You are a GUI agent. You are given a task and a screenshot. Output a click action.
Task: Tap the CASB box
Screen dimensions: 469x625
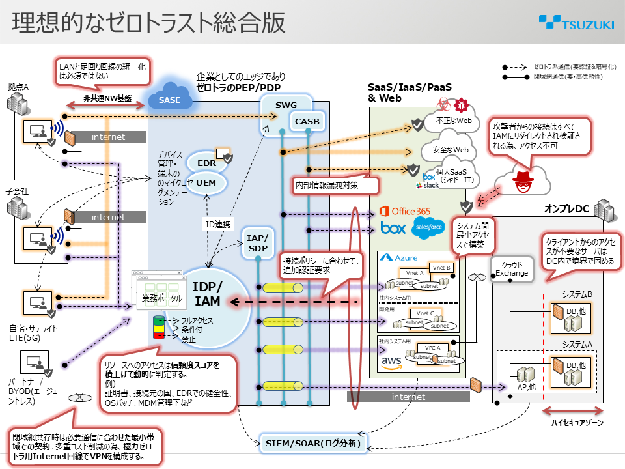(307, 121)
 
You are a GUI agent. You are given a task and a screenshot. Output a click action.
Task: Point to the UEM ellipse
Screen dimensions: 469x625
(206, 183)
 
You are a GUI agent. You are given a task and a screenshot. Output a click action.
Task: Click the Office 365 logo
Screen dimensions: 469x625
(405, 211)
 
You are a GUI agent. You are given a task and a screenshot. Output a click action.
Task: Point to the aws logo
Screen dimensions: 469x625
(391, 360)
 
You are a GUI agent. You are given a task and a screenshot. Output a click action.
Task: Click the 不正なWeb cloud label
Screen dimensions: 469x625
(453, 121)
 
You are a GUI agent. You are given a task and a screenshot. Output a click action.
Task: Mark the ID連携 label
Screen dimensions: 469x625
(218, 225)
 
